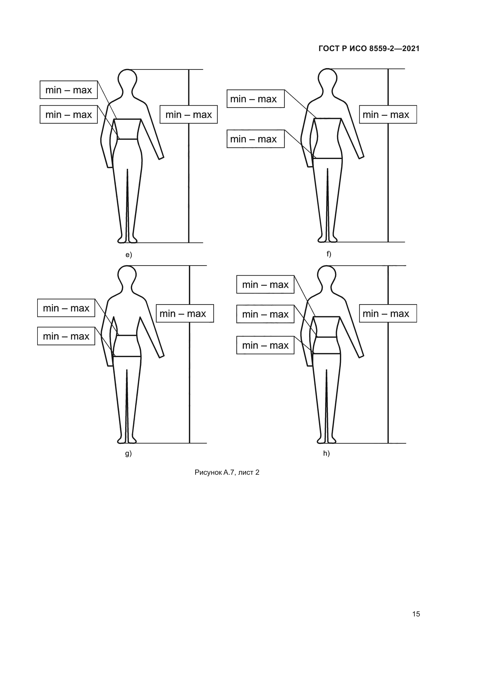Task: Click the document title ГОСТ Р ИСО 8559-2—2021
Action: pyautogui.click(x=369, y=48)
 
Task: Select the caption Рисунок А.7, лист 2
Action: pyautogui.click(x=227, y=472)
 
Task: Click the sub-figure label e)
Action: pyautogui.click(x=129, y=255)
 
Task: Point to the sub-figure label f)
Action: pyautogui.click(x=329, y=254)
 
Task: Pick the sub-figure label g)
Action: pyautogui.click(x=128, y=453)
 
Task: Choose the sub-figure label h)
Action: pyautogui.click(x=326, y=453)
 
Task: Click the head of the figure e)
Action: pyautogui.click(x=127, y=79)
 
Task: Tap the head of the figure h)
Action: pyautogui.click(x=327, y=275)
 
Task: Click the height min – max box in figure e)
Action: pyautogui.click(x=189, y=114)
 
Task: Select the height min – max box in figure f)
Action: pyautogui.click(x=388, y=114)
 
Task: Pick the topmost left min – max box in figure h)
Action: pyautogui.click(x=265, y=284)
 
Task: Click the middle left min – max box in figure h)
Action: pyautogui.click(x=265, y=314)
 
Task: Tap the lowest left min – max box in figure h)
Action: pyautogui.click(x=265, y=345)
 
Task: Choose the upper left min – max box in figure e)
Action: pyautogui.click(x=69, y=90)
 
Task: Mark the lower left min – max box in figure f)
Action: pyautogui.click(x=256, y=139)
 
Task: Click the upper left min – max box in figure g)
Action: pyautogui.click(x=66, y=308)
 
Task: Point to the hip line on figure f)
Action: pyautogui.click(x=328, y=158)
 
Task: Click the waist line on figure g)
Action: pyautogui.click(x=127, y=335)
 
